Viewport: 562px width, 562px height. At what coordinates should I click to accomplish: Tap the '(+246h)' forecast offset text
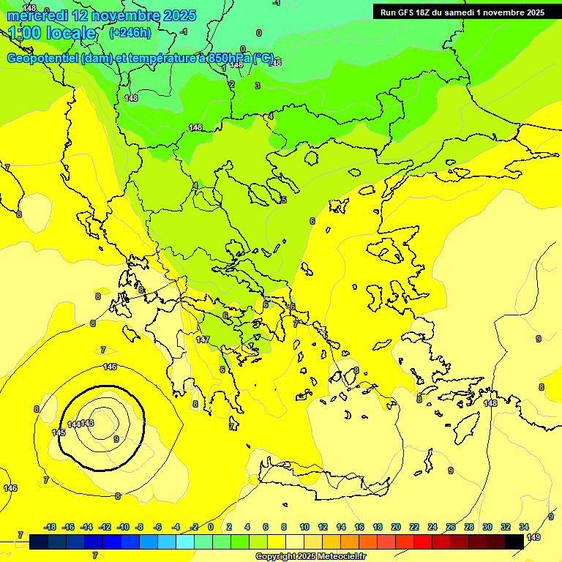click(x=130, y=32)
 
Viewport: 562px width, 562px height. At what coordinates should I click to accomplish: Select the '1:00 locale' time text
click(x=52, y=33)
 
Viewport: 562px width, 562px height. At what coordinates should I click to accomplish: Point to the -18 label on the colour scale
click(x=50, y=527)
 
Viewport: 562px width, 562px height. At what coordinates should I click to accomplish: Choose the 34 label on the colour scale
click(x=524, y=527)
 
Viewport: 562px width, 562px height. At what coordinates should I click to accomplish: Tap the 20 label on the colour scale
click(x=395, y=527)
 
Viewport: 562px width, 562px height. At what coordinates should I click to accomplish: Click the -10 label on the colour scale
click(x=123, y=527)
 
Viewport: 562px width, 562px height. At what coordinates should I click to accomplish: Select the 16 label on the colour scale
click(x=359, y=527)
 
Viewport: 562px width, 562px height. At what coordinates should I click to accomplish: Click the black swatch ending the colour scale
click(x=514, y=542)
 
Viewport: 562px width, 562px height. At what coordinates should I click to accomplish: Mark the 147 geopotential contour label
click(x=203, y=340)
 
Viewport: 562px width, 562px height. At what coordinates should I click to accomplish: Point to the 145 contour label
click(x=59, y=432)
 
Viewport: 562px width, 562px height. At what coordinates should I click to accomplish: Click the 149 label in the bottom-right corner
click(x=533, y=538)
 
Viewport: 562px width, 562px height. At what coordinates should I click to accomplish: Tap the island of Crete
click(x=322, y=476)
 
